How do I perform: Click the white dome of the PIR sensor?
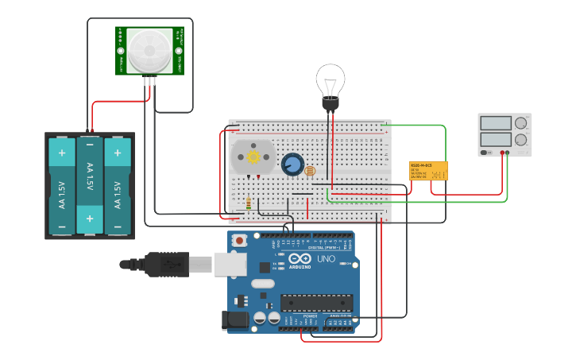(149, 50)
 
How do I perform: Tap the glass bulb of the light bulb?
(330, 80)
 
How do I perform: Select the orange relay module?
(428, 171)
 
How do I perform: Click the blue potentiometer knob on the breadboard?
(292, 165)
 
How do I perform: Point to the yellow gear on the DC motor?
(253, 157)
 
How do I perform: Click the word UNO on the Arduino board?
(326, 259)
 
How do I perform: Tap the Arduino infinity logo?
(300, 259)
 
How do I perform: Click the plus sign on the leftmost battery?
(61, 151)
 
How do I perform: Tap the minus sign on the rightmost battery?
(118, 219)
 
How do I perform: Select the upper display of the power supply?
(496, 123)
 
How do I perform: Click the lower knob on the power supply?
(521, 140)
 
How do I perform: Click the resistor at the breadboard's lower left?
(249, 204)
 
